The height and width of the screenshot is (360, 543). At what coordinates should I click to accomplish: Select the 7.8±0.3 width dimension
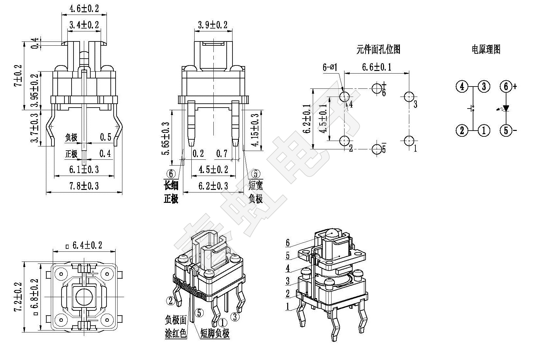point(84,186)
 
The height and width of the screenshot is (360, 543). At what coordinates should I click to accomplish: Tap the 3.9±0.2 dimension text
point(212,24)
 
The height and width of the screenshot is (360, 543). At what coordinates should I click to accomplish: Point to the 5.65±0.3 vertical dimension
point(165,139)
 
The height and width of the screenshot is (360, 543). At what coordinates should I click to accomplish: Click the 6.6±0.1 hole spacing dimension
point(377,67)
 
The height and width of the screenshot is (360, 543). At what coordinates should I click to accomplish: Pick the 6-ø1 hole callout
point(330,67)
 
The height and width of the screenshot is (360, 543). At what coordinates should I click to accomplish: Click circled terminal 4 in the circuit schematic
point(462,87)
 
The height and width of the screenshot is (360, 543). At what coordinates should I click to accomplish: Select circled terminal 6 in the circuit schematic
point(506,87)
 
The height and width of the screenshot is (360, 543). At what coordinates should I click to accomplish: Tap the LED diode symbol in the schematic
point(506,109)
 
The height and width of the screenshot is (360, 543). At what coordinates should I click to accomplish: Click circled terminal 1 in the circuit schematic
point(484,130)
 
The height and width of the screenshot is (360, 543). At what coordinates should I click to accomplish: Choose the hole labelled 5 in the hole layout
point(377,149)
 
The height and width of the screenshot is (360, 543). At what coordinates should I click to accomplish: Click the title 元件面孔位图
point(378,49)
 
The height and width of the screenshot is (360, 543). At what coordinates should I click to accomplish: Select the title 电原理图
point(486,49)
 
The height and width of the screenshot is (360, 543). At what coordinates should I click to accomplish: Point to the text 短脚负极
point(215,333)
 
